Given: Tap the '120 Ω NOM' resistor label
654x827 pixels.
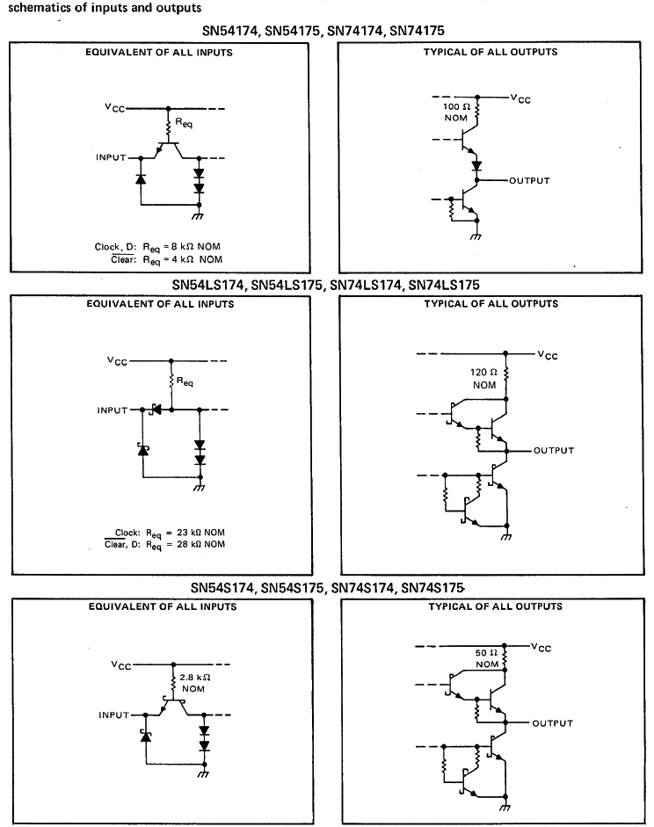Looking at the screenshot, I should [485, 379].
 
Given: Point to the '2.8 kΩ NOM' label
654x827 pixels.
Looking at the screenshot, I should [193, 683].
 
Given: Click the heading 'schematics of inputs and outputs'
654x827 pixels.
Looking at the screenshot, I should [105, 8].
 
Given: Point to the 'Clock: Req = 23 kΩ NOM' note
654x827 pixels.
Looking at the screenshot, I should [166, 533].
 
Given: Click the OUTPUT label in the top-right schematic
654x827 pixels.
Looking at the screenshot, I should [529, 180].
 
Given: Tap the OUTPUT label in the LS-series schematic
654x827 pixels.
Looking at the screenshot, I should [554, 450].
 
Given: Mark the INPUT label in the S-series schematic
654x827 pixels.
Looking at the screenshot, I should [113, 715].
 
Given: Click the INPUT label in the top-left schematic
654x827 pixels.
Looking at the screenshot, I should [112, 158].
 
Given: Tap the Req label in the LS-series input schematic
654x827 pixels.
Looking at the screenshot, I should [185, 382].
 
